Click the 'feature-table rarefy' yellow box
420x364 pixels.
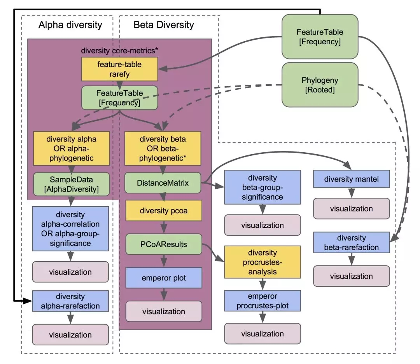(x=119, y=69)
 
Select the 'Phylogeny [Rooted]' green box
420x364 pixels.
(x=319, y=85)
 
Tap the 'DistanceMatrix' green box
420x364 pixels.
(x=163, y=183)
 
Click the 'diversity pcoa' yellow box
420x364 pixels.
(x=163, y=211)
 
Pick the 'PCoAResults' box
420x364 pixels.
(x=163, y=244)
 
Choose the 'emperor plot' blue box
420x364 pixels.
(x=163, y=278)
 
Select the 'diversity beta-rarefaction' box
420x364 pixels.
(x=352, y=242)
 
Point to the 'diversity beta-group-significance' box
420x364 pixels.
(x=262, y=188)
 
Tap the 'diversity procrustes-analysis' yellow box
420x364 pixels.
(x=262, y=262)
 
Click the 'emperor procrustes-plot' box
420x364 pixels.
(x=262, y=301)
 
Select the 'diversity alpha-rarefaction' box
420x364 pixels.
(x=70, y=301)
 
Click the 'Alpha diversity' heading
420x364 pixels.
(x=70, y=25)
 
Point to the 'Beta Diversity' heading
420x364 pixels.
(x=163, y=25)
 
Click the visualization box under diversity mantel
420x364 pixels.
(x=352, y=209)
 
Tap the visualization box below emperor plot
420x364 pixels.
(x=163, y=311)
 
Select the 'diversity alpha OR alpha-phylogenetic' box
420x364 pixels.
(x=71, y=148)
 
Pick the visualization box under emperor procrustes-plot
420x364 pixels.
(x=262, y=334)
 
